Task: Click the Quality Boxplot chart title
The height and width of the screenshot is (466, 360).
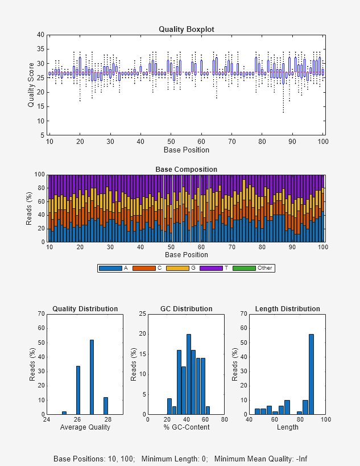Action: [x=186, y=29]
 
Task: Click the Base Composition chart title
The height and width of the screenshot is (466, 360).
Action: [x=186, y=170]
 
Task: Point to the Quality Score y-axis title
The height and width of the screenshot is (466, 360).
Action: [x=31, y=85]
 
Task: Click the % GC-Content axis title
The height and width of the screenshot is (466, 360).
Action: [x=186, y=427]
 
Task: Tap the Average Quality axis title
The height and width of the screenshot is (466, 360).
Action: [x=85, y=427]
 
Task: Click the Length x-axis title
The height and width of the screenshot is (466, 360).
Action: [x=287, y=427]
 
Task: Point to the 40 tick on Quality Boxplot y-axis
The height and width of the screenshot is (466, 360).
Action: [x=40, y=35]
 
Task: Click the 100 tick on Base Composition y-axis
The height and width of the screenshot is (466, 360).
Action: [x=39, y=175]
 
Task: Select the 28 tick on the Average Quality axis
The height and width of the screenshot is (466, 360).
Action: [x=107, y=420]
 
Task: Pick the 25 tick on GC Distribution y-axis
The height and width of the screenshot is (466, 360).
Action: [x=142, y=314]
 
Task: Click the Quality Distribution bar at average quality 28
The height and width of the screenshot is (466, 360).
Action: [x=105, y=406]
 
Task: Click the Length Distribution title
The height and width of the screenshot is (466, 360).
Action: [x=287, y=309]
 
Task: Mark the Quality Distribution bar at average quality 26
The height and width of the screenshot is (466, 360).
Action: [x=78, y=390]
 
